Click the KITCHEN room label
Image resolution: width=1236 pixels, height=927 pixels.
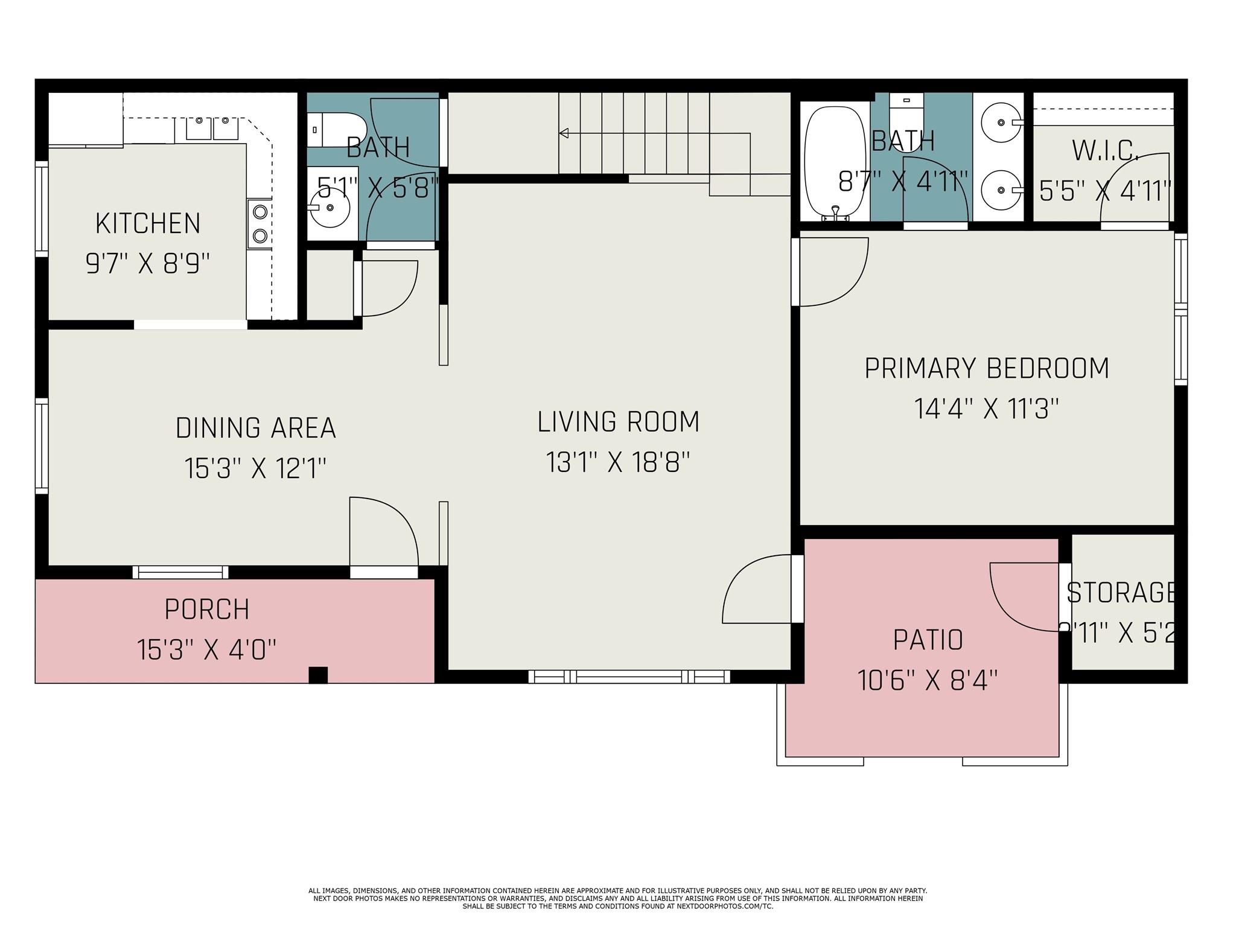148,224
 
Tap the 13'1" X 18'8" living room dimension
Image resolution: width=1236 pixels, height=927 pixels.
617,463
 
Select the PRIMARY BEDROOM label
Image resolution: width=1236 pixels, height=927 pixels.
987,368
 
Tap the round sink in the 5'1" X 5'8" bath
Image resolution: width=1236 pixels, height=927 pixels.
330,208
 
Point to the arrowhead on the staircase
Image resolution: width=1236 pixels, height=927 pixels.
564,133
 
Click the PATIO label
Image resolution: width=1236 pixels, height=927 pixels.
928,640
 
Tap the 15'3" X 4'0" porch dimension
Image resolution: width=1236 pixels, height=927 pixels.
206,650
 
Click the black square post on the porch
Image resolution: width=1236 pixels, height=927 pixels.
318,675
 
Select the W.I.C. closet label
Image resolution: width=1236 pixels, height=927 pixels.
1105,150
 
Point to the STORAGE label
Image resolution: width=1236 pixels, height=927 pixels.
1121,593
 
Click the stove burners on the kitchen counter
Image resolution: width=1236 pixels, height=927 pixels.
260,223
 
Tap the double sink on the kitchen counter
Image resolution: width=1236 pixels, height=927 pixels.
211,129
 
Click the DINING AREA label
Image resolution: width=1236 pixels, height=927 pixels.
255,428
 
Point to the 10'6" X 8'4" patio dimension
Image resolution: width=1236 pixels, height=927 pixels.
928,681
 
